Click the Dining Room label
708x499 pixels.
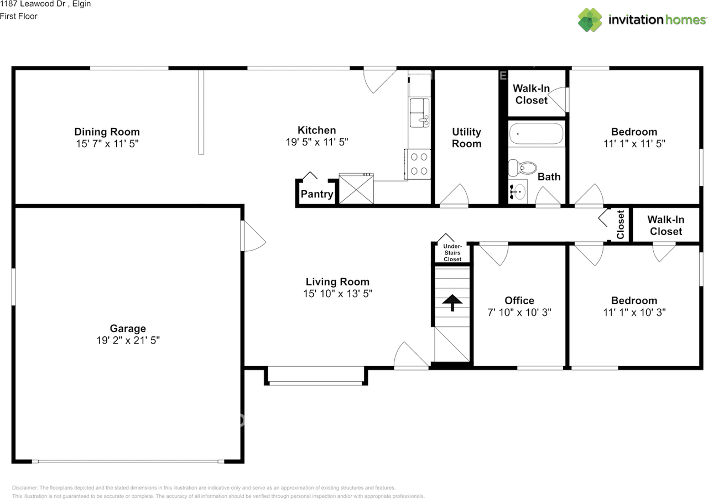pyautogui.click(x=107, y=132)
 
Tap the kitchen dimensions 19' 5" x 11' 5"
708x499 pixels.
pyautogui.click(x=317, y=142)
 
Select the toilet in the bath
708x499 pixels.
pyautogui.click(x=522, y=168)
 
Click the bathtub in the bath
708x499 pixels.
pyautogui.click(x=537, y=134)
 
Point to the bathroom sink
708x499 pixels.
pyautogui.click(x=518, y=191)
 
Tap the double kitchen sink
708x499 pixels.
pyautogui.click(x=419, y=113)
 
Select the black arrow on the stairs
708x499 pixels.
pyautogui.click(x=452, y=303)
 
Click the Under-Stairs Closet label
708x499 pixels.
pyautogui.click(x=452, y=253)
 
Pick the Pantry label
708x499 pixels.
pyautogui.click(x=317, y=194)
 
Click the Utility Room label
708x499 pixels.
pyautogui.click(x=466, y=138)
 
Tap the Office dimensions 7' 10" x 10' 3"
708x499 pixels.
pyautogui.click(x=519, y=313)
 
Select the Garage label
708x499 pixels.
pyautogui.click(x=128, y=328)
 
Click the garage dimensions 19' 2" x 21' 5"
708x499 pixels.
pyautogui.click(x=128, y=340)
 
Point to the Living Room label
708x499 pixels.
pyautogui.click(x=337, y=282)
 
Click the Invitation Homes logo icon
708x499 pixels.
pyautogui.click(x=590, y=20)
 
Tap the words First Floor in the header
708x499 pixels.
pyautogui.click(x=19, y=16)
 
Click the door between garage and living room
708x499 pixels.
pyautogui.click(x=253, y=236)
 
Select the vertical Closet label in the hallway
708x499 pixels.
pyautogui.click(x=620, y=225)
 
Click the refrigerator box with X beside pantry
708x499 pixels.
pyautogui.click(x=356, y=189)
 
